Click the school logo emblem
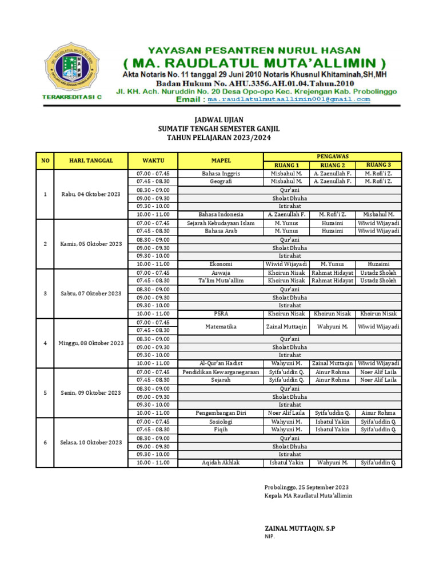click(x=71, y=67)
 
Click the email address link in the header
click(x=289, y=99)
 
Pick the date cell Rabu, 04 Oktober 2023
click(x=90, y=194)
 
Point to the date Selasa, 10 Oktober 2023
click(x=90, y=443)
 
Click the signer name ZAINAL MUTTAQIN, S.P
click(x=300, y=528)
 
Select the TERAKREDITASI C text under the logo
click(x=72, y=97)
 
